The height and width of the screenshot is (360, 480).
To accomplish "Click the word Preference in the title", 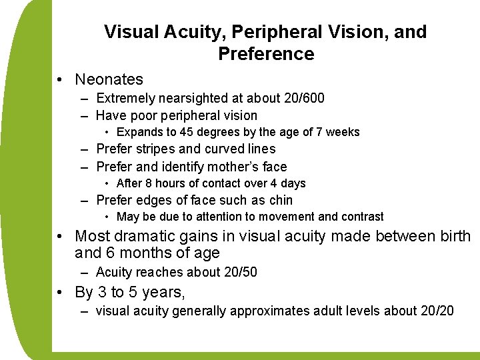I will tap(266, 53).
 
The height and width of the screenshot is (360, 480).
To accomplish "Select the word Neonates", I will tap(109, 79).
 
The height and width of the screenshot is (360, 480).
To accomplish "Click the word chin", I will tap(280, 200).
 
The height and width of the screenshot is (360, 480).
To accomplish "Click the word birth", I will tap(454, 236).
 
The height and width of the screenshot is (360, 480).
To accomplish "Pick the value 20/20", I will tap(437, 310).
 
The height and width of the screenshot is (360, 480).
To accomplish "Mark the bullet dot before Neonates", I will tap(61, 80).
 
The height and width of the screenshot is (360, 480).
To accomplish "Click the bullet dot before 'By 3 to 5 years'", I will tap(61, 292).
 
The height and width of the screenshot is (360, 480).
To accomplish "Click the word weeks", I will tap(343, 132).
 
